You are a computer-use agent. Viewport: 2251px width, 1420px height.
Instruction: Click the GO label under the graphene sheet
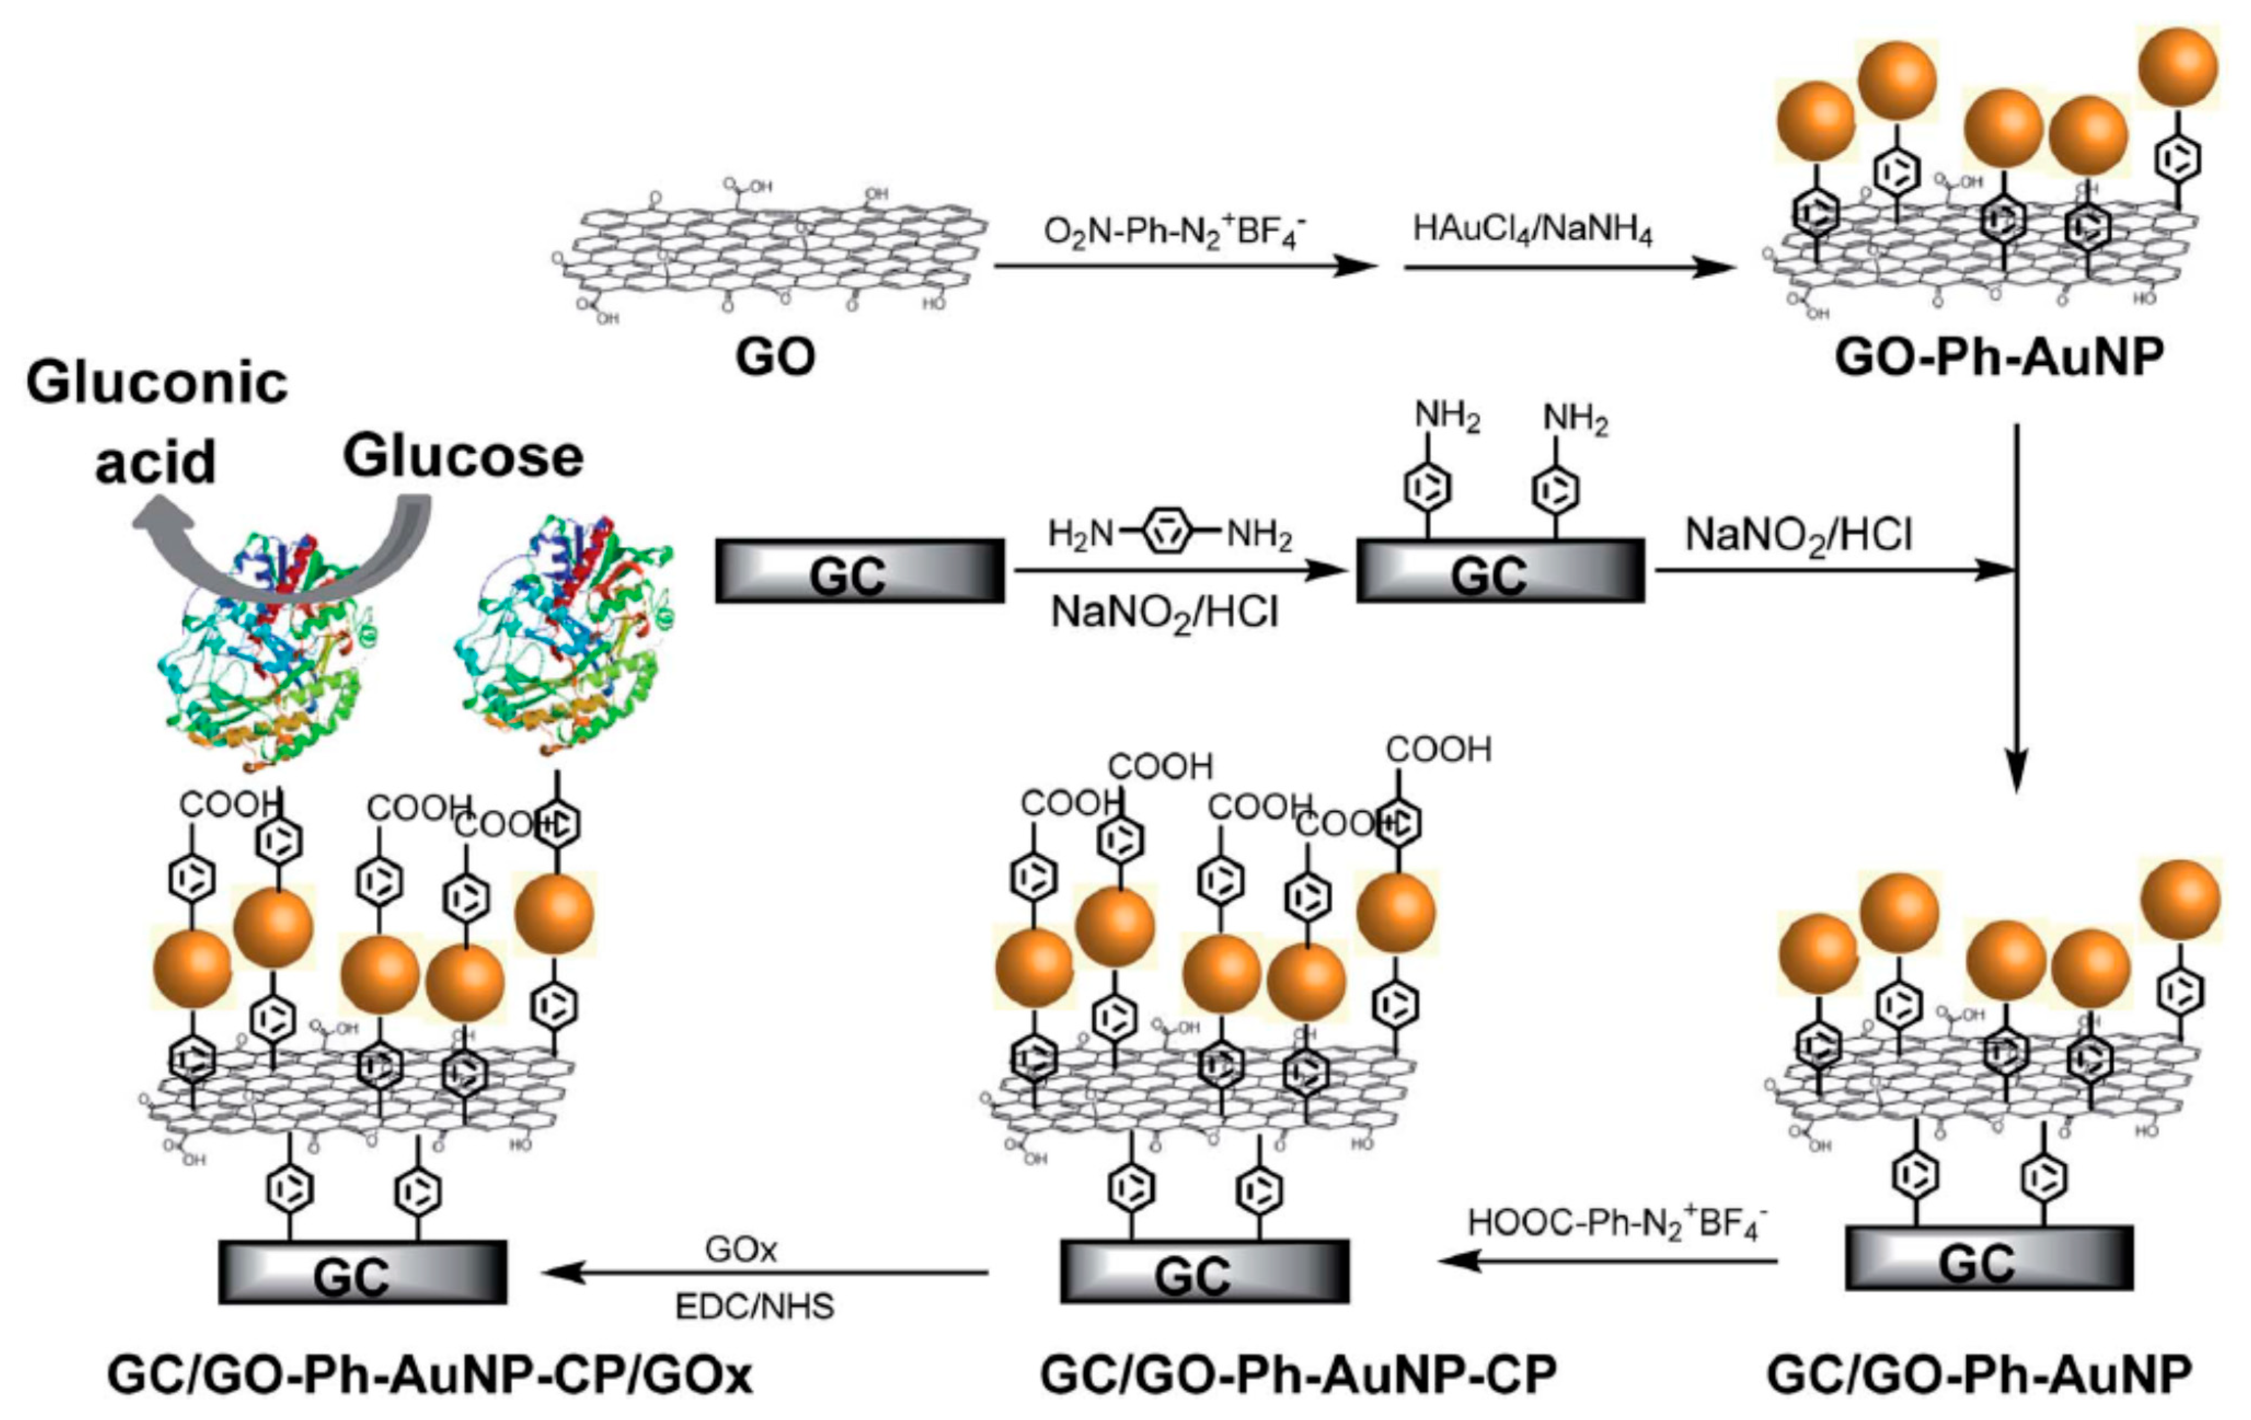point(774,357)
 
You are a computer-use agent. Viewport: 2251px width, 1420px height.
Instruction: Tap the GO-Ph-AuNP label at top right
point(1999,357)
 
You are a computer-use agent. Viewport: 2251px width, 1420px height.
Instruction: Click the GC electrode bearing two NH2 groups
point(1499,571)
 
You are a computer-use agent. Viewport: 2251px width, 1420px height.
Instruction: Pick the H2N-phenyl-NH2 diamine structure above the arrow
point(1168,534)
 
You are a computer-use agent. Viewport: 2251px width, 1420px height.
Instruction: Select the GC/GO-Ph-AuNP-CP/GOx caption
point(429,1375)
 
